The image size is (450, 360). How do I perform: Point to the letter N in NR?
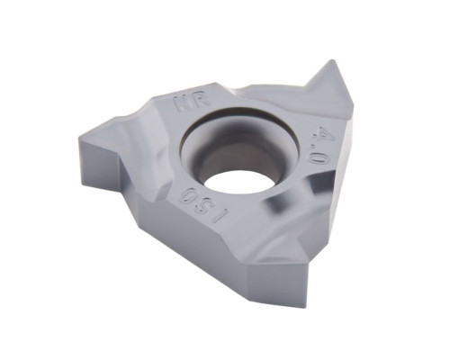pos(184,106)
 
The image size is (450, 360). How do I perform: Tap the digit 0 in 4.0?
pos(316,157)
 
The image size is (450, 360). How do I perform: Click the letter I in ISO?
pos(221,217)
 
